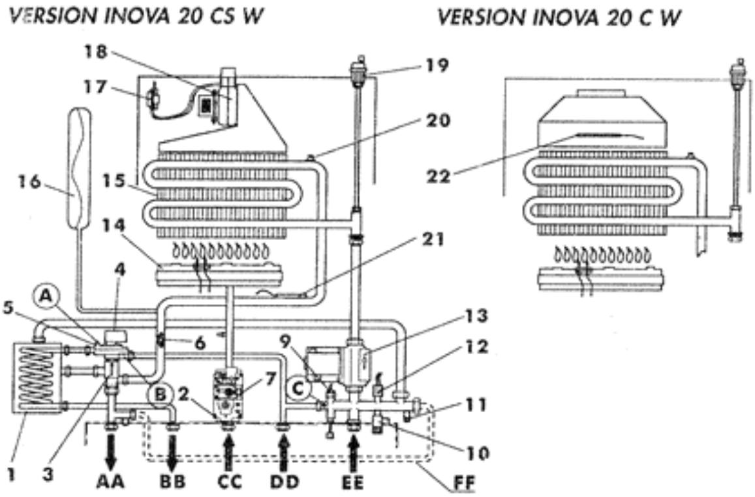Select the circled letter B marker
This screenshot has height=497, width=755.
pos(161,395)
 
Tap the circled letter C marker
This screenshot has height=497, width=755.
pos(298,389)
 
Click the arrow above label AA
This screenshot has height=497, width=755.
pos(111,448)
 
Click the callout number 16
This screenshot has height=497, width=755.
pos(29,182)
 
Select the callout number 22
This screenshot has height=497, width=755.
pos(439,176)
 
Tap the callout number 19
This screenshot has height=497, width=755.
pos(437,65)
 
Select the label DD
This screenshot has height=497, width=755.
pos(285,481)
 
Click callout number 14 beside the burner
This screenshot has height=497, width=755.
pos(114,225)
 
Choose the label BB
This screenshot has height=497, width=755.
pos(173,481)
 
